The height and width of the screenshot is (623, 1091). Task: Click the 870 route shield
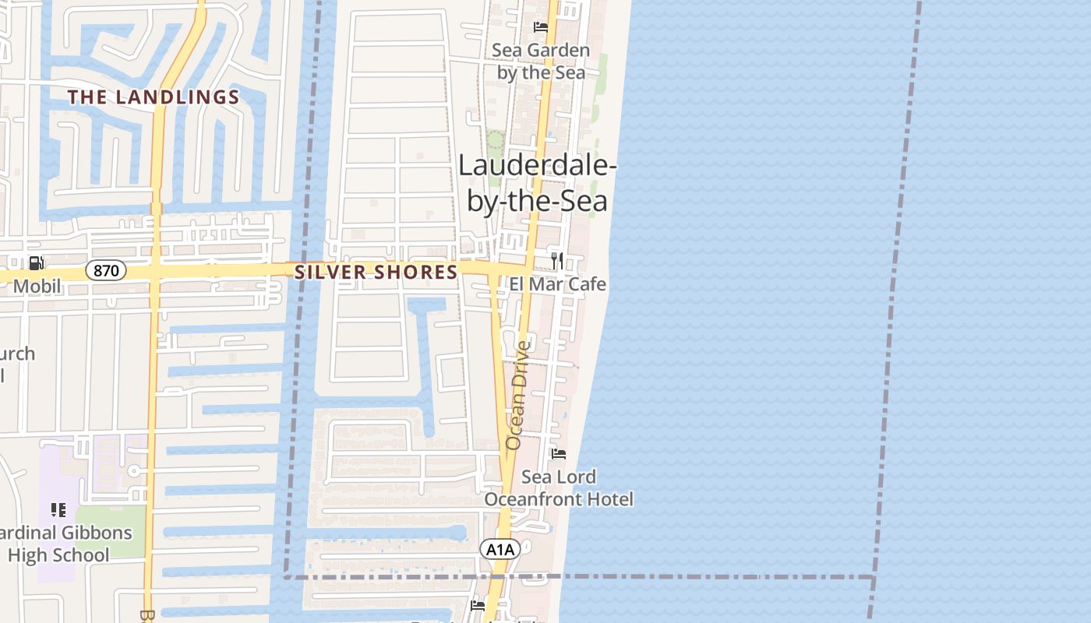click(105, 271)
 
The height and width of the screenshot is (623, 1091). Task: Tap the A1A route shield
click(500, 550)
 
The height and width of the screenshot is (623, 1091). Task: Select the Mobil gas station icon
click(36, 263)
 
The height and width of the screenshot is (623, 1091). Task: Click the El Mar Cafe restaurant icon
click(556, 260)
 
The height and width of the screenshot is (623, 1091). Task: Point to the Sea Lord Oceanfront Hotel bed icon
click(558, 454)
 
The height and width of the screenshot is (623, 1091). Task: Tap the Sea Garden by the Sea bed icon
click(541, 27)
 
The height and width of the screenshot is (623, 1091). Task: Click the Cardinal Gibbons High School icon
click(58, 510)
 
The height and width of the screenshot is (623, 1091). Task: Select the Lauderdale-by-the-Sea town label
click(538, 183)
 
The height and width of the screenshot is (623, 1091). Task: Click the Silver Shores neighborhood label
click(376, 272)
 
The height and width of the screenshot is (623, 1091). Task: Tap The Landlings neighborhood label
click(153, 97)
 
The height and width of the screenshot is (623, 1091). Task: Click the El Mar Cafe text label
click(558, 284)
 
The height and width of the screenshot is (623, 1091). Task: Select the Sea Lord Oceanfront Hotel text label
click(559, 487)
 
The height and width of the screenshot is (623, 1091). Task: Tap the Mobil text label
click(37, 287)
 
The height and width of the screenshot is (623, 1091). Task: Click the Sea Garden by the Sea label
click(541, 62)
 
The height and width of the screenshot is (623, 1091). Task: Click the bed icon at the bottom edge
click(478, 605)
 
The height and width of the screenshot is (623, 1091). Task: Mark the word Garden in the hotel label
click(558, 51)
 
